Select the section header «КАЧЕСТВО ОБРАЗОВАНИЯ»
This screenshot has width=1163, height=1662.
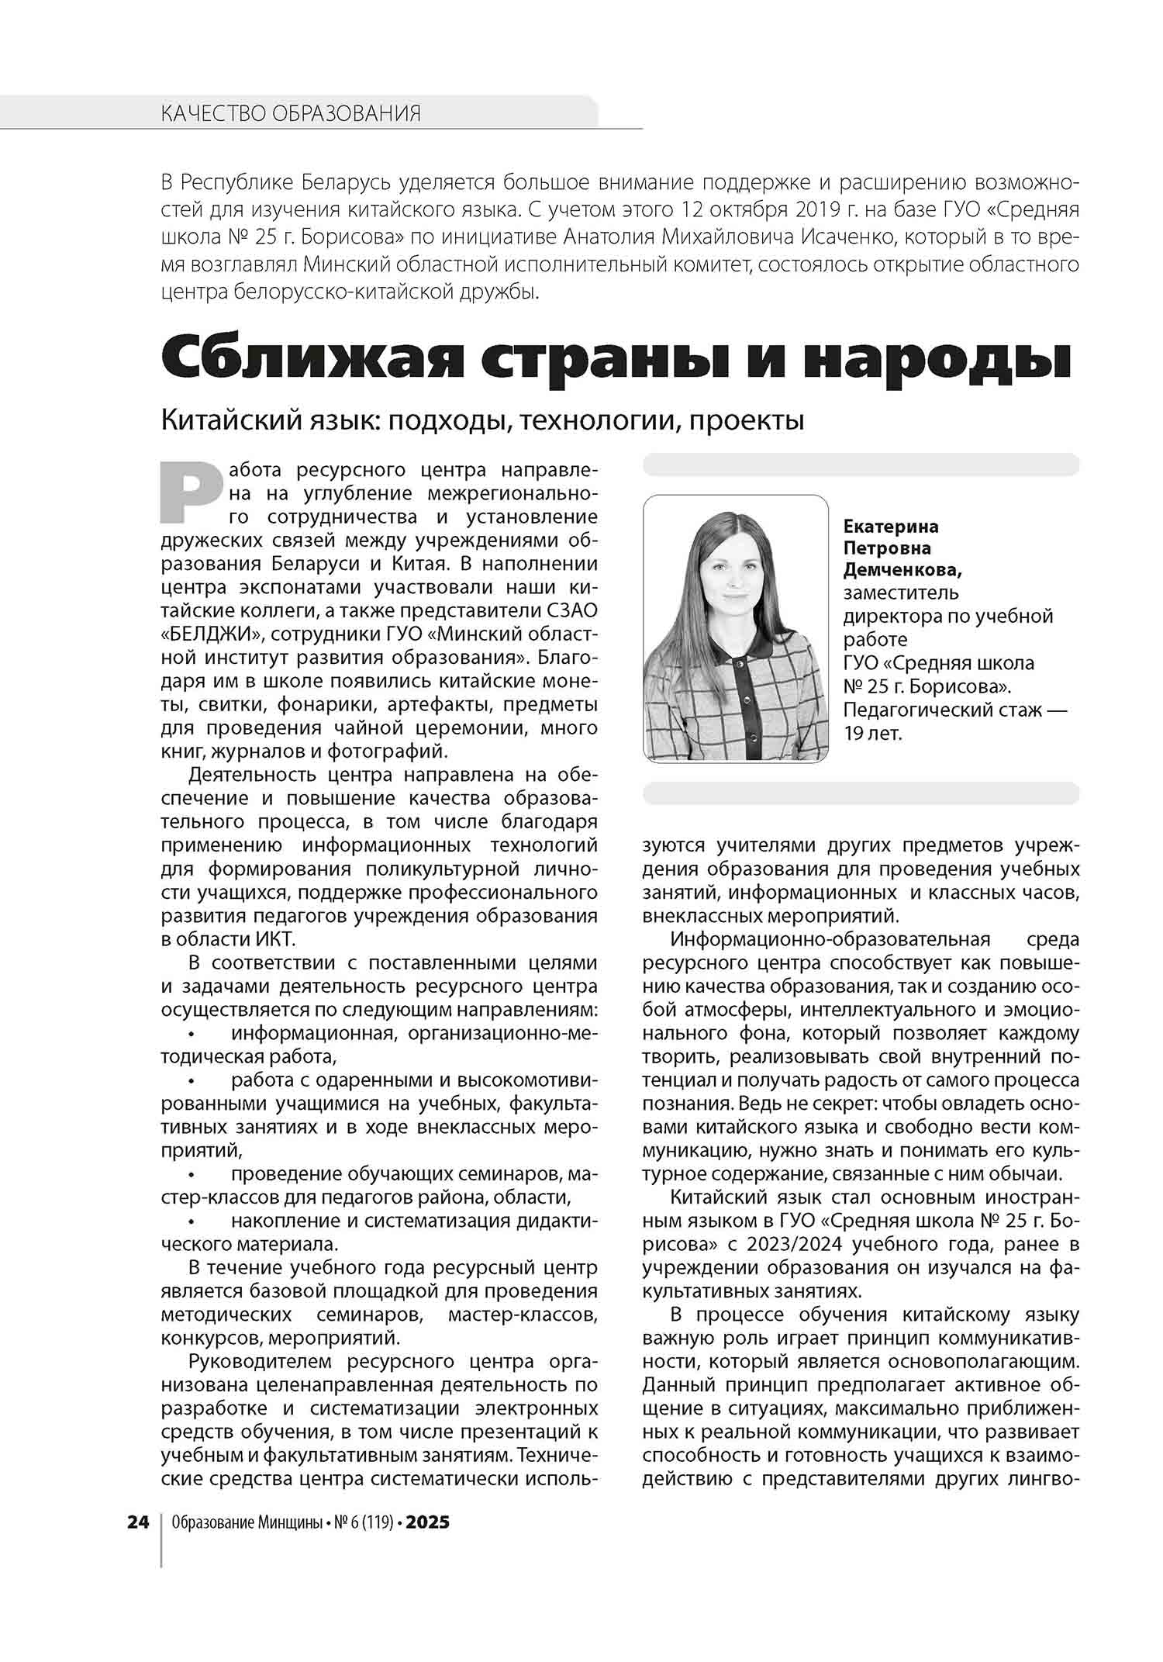[x=291, y=114]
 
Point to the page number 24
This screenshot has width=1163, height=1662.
[x=138, y=1522]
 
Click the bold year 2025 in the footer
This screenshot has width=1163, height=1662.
[x=427, y=1522]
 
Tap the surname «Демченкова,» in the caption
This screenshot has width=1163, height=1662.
[x=902, y=570]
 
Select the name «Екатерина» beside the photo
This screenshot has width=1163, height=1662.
[x=891, y=526]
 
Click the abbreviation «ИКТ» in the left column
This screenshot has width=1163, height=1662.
[x=274, y=939]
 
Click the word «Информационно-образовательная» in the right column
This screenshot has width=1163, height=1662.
[x=830, y=939]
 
